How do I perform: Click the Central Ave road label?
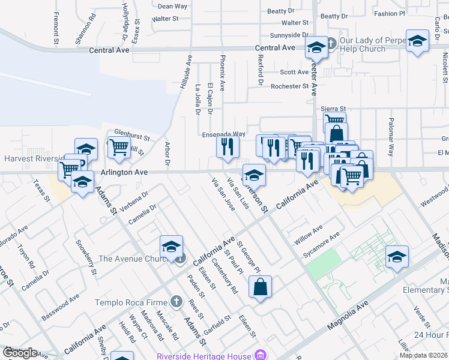pos(275,47)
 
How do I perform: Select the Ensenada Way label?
pos(223,134)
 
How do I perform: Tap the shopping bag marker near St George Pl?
pos(260,287)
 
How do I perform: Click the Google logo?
pos(20,353)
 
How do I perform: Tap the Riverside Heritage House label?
pos(204,356)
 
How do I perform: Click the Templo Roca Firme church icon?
pos(175,301)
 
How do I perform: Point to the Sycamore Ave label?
pos(322,243)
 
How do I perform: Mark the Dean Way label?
pos(172,7)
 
